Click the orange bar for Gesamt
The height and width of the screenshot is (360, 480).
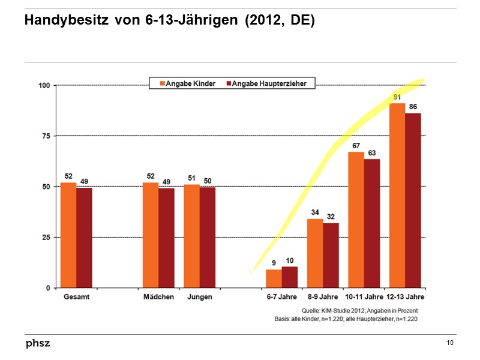click(x=68, y=235)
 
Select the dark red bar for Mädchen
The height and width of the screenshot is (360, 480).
click(x=166, y=238)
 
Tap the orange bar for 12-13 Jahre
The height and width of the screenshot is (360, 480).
click(x=397, y=196)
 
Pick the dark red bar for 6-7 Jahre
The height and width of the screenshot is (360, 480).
click(x=290, y=277)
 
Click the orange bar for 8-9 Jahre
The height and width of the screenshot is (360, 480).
click(x=315, y=253)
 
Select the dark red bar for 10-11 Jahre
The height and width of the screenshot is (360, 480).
click(x=372, y=223)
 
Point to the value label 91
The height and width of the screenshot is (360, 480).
click(x=397, y=97)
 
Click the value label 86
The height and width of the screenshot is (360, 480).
click(x=413, y=107)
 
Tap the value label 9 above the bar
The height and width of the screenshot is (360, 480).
click(x=274, y=263)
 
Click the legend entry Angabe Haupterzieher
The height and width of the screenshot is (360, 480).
click(x=268, y=84)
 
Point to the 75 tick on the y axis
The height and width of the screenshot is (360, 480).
click(x=45, y=136)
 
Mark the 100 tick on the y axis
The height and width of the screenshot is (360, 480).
click(x=43, y=85)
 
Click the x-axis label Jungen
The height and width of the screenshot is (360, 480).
click(x=199, y=297)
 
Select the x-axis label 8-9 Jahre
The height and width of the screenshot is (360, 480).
click(x=322, y=297)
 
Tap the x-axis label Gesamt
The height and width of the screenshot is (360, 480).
click(x=76, y=297)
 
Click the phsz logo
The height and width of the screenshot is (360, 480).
click(x=37, y=343)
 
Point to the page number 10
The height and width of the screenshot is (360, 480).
click(x=450, y=343)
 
